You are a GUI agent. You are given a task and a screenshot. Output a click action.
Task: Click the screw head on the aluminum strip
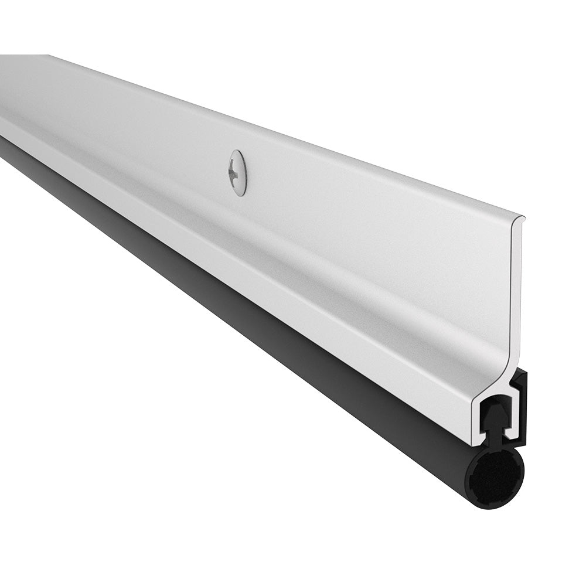(x=238, y=172)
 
